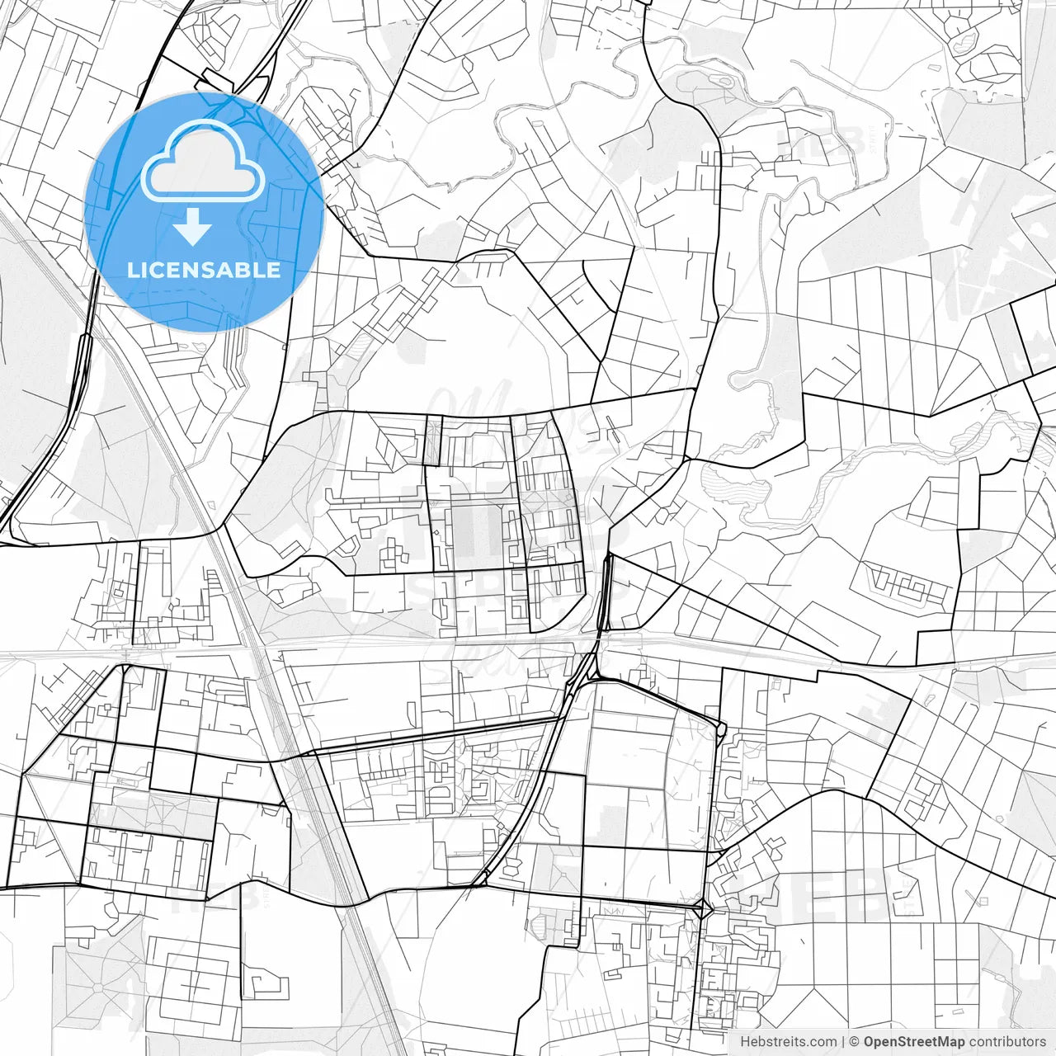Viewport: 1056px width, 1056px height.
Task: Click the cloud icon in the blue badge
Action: (x=203, y=162)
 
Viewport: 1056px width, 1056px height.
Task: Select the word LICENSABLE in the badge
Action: (x=204, y=270)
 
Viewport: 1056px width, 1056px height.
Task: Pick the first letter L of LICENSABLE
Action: (x=133, y=270)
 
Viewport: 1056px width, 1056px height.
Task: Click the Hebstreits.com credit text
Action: (x=788, y=1042)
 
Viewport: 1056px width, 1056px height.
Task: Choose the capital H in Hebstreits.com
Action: (x=745, y=1042)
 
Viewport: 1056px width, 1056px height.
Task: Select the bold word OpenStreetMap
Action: (x=914, y=1042)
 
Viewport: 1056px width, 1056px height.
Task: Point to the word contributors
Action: (x=1007, y=1042)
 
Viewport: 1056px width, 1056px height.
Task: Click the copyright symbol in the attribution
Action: (x=855, y=1042)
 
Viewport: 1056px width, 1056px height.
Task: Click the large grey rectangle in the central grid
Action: (x=478, y=528)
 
